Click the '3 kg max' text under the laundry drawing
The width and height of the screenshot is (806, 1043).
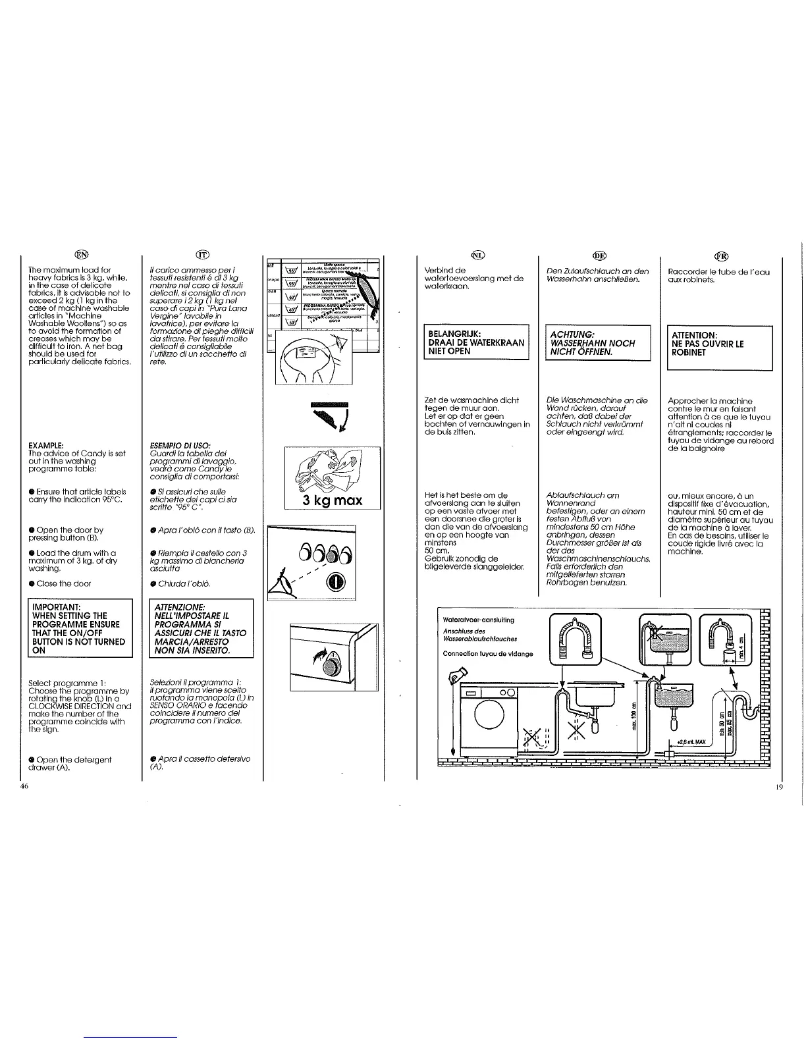(333, 500)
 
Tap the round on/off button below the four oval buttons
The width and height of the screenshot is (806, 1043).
(335, 582)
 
